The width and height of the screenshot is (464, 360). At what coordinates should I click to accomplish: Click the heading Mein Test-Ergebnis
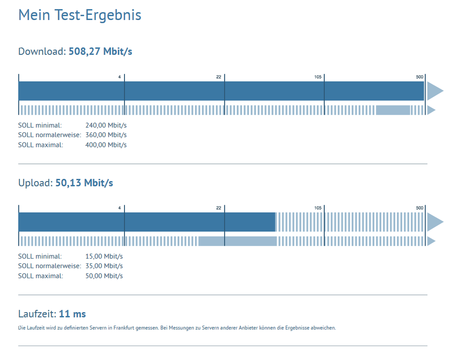(79, 15)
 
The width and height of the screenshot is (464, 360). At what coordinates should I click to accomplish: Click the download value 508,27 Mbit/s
(100, 52)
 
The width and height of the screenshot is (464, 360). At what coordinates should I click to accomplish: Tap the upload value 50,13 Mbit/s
(84, 183)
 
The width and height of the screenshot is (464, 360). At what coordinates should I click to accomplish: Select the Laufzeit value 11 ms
(72, 314)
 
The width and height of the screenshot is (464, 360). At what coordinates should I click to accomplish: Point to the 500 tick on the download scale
(419, 77)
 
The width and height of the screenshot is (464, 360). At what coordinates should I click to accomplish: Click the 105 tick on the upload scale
(318, 208)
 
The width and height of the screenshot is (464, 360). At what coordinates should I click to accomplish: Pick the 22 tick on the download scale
(219, 77)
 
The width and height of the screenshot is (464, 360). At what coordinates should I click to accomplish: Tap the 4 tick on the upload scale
(119, 208)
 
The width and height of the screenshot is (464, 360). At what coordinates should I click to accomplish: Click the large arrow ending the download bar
(434, 91)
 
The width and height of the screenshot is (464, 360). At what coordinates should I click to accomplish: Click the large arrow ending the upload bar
(434, 222)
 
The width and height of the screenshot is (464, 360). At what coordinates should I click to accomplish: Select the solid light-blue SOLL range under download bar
(393, 110)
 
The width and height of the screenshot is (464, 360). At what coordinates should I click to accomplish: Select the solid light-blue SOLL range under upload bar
(237, 241)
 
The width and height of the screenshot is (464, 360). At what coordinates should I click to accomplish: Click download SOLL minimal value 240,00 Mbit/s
(106, 125)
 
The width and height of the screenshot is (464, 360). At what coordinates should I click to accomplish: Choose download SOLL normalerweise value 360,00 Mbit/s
(106, 135)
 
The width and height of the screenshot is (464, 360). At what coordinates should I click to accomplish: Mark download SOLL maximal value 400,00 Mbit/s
(106, 145)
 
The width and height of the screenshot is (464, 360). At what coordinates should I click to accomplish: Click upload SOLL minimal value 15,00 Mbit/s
(104, 256)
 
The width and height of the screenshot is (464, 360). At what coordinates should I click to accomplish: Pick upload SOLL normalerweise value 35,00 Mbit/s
(104, 266)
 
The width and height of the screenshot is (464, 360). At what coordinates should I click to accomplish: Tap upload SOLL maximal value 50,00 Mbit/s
(104, 276)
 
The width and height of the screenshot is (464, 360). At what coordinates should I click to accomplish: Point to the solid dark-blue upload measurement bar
(146, 222)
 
